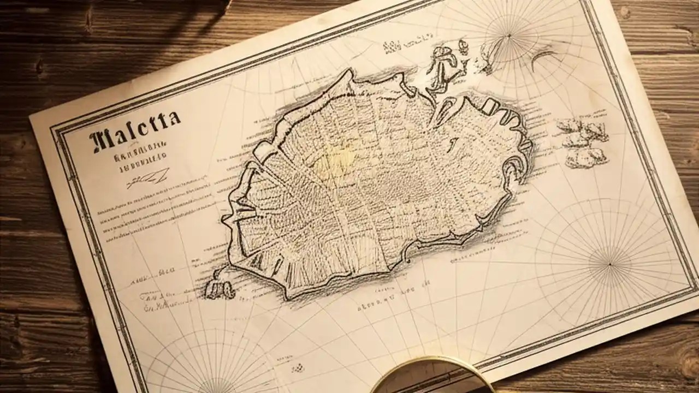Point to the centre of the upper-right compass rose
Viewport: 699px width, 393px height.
click(509, 36)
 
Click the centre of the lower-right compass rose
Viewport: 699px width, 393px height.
click(610, 264)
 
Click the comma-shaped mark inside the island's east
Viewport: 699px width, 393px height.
click(453, 144)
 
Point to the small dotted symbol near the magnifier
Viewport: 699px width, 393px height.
click(298, 369)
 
